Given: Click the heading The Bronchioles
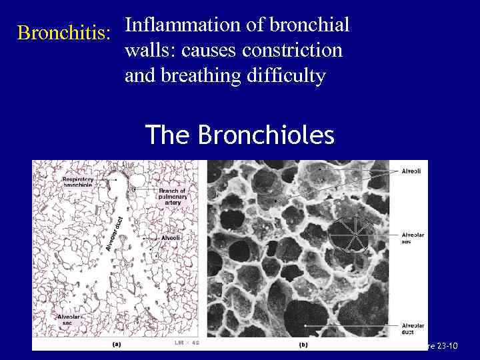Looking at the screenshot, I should click(x=239, y=135).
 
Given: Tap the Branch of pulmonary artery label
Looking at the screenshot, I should click(x=172, y=197).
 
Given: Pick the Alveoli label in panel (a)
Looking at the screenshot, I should click(x=171, y=237).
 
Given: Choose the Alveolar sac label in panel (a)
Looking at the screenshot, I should click(x=69, y=319).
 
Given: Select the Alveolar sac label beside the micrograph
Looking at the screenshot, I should click(x=411, y=238).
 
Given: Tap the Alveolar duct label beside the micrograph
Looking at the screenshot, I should click(x=411, y=327).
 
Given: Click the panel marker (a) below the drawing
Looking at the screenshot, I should click(x=116, y=345).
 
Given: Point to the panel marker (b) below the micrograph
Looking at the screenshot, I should click(x=303, y=345).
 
